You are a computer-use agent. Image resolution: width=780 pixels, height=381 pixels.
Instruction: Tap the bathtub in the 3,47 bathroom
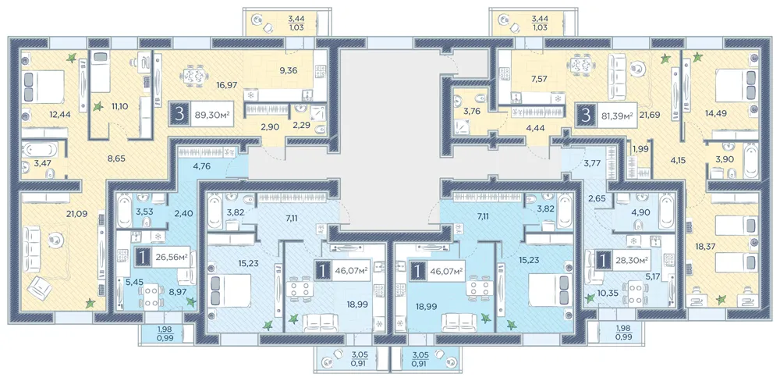[x=40, y=149]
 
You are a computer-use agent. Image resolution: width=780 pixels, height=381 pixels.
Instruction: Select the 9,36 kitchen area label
[x=289, y=71]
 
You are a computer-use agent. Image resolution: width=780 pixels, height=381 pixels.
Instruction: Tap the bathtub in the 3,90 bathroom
[x=749, y=160]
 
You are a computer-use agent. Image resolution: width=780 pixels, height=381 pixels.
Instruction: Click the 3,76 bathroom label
[x=471, y=112]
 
